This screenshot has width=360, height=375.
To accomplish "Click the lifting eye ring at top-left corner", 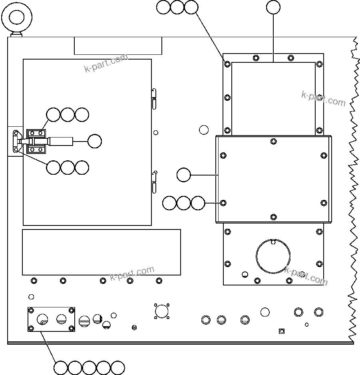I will click(17, 17).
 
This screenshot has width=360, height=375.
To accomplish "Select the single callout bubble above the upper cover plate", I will click(273, 7).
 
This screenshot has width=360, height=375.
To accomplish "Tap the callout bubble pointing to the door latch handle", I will click(94, 141).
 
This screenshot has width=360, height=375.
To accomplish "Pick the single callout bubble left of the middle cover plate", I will click(183, 175).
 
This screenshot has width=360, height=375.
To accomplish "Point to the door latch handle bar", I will click(60, 141).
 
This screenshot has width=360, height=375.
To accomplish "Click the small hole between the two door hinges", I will click(156, 133).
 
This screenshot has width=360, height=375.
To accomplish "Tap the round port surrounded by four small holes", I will click(161, 311).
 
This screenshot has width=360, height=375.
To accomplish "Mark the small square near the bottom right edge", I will click(281, 331).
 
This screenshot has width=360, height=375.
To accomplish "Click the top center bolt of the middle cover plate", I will click(273, 141).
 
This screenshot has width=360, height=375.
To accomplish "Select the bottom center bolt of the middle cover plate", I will click(273, 217).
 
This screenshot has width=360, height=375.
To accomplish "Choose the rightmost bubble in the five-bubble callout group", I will click(118, 367).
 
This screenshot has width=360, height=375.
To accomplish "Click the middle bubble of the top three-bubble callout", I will click(177, 7).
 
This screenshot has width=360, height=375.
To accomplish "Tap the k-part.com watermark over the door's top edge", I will click(106, 63).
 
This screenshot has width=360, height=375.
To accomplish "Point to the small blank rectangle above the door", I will click(118, 46).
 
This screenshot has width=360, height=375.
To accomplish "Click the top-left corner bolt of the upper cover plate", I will click(227, 64).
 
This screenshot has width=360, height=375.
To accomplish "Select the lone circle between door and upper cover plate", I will click(204, 130).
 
